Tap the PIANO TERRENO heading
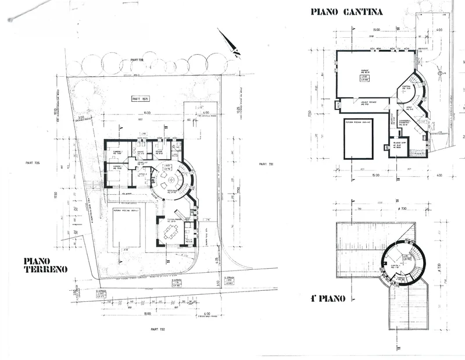(x=46, y=265)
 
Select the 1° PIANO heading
(x=329, y=299)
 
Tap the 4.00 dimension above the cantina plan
(x=439, y=30)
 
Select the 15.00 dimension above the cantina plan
(x=376, y=30)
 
